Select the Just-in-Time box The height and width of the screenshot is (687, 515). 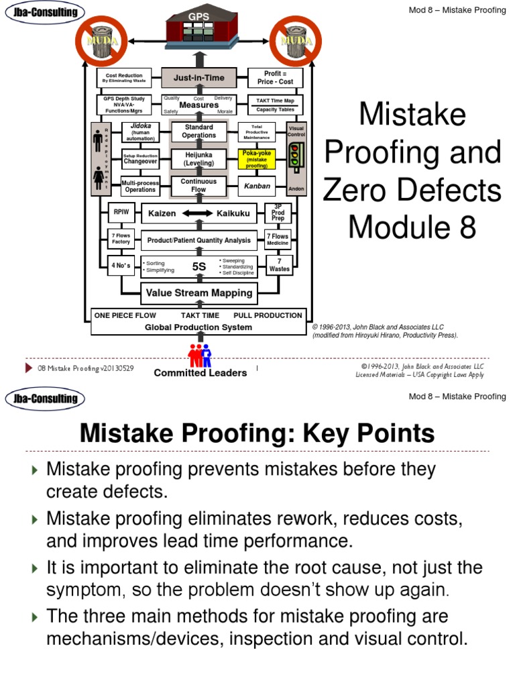(199, 78)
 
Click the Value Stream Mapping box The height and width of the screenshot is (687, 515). (199, 293)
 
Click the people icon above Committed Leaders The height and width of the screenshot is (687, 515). (200, 354)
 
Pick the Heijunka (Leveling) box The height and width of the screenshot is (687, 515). (199, 159)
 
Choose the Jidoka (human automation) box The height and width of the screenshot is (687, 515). (140, 131)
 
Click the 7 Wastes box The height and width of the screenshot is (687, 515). (279, 264)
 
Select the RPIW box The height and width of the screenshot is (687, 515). (121, 213)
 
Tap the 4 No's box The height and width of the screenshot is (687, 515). (121, 265)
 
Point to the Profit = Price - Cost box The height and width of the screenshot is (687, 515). (276, 78)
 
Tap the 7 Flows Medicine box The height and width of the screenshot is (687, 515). (278, 240)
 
